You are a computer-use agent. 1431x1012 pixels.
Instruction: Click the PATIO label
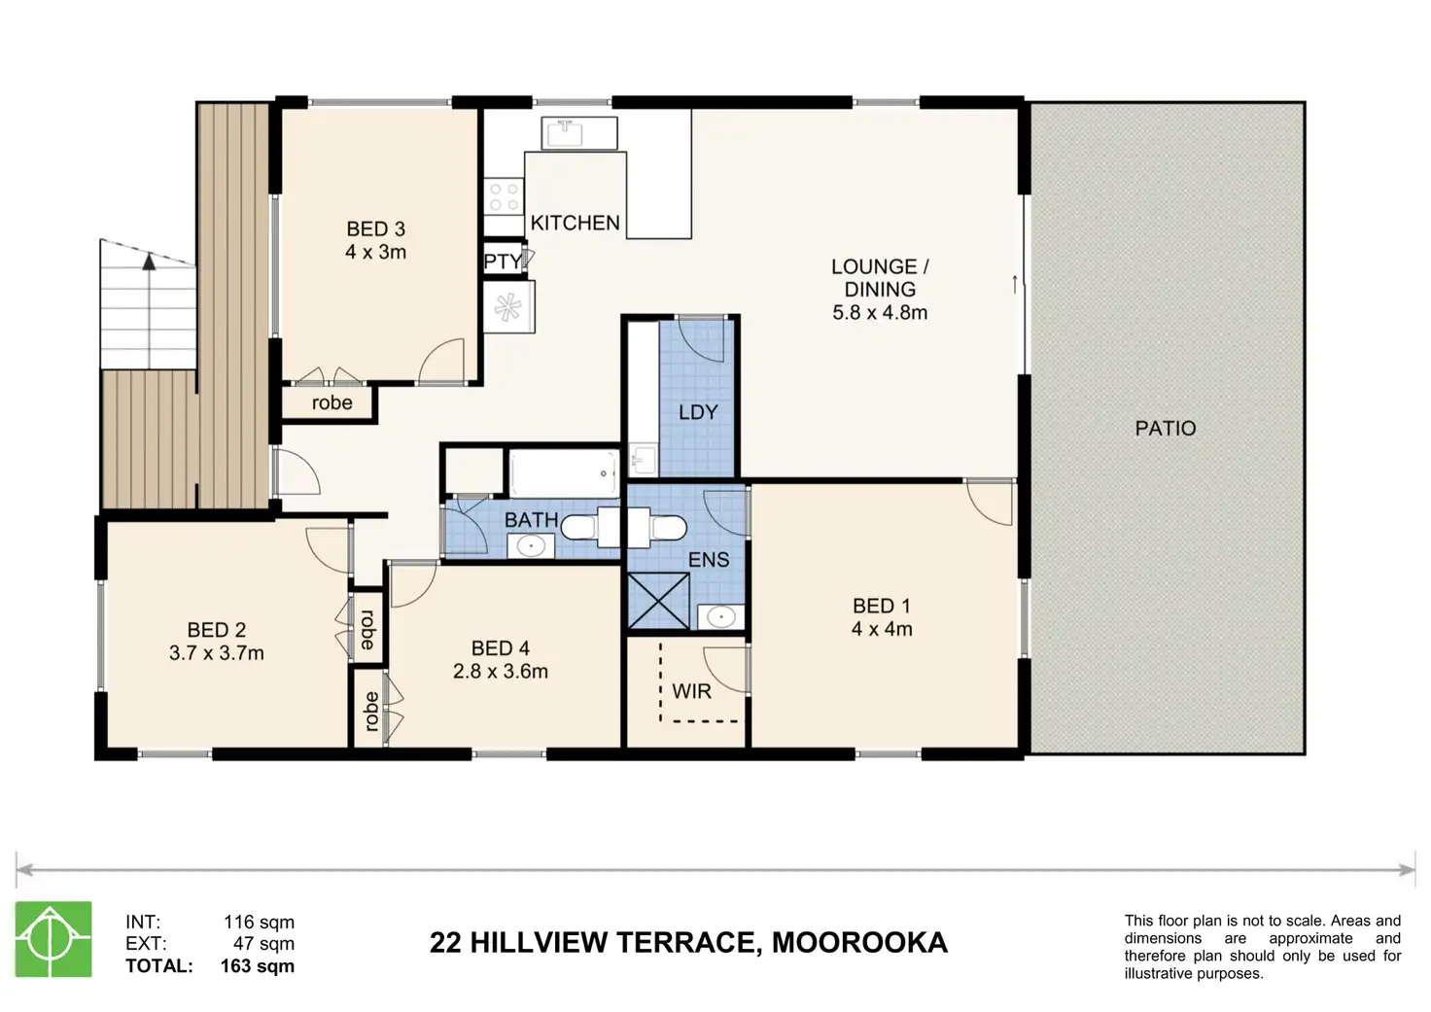[x=1166, y=428]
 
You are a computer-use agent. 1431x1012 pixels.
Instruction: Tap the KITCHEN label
[x=575, y=223]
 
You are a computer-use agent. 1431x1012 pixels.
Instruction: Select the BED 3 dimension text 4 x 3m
[x=375, y=253]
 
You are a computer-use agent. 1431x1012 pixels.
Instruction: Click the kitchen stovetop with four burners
[x=504, y=196]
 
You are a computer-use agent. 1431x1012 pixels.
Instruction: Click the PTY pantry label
[x=503, y=262]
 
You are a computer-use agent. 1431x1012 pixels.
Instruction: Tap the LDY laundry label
[x=698, y=412]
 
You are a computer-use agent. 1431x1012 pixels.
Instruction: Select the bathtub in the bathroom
[x=564, y=472]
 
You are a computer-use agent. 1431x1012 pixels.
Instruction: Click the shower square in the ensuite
[x=659, y=601]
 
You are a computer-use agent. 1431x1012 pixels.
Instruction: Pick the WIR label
[x=692, y=690]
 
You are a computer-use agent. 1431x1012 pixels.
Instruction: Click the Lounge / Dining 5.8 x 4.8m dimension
[x=880, y=312]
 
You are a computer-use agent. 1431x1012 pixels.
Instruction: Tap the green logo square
[x=53, y=939]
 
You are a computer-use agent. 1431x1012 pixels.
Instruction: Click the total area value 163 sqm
[x=258, y=965]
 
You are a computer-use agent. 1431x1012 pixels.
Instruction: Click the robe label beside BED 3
[x=332, y=403]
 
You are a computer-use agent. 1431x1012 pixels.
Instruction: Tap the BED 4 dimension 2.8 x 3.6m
[x=501, y=672]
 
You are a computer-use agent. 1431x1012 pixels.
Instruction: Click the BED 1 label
[x=882, y=606]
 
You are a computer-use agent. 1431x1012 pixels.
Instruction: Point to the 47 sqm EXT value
[x=263, y=943]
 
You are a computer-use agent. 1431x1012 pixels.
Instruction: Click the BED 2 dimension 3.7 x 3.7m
[x=217, y=653]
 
